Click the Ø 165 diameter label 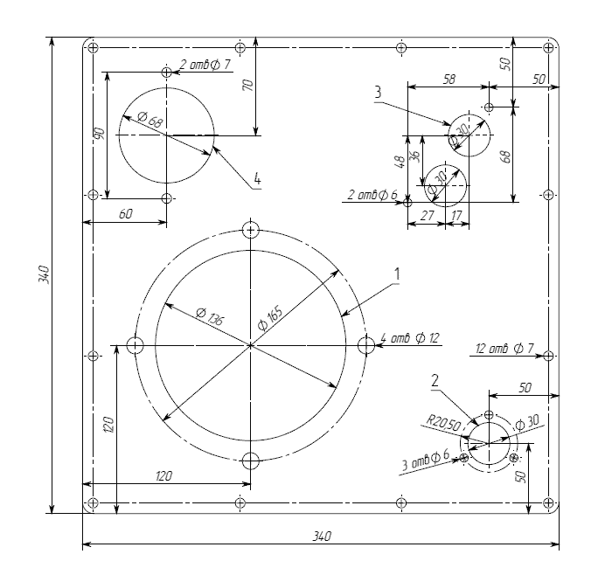tap(270, 319)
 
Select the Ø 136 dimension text tap(210, 316)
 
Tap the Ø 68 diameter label tap(150, 120)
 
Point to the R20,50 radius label tap(443, 423)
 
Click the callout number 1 tap(397, 274)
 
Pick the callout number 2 tap(435, 381)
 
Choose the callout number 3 tap(378, 93)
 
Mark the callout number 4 tap(257, 178)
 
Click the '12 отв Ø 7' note tap(504, 348)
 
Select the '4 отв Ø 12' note tap(410, 338)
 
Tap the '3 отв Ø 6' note tap(426, 460)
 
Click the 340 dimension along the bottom tap(322, 536)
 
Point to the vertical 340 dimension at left tap(44, 274)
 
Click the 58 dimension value tap(449, 80)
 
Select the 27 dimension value tap(428, 215)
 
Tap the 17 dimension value tap(456, 215)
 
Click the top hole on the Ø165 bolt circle tap(251, 230)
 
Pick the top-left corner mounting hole tap(93, 47)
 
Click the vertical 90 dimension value tap(101, 134)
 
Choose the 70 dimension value tap(248, 85)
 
